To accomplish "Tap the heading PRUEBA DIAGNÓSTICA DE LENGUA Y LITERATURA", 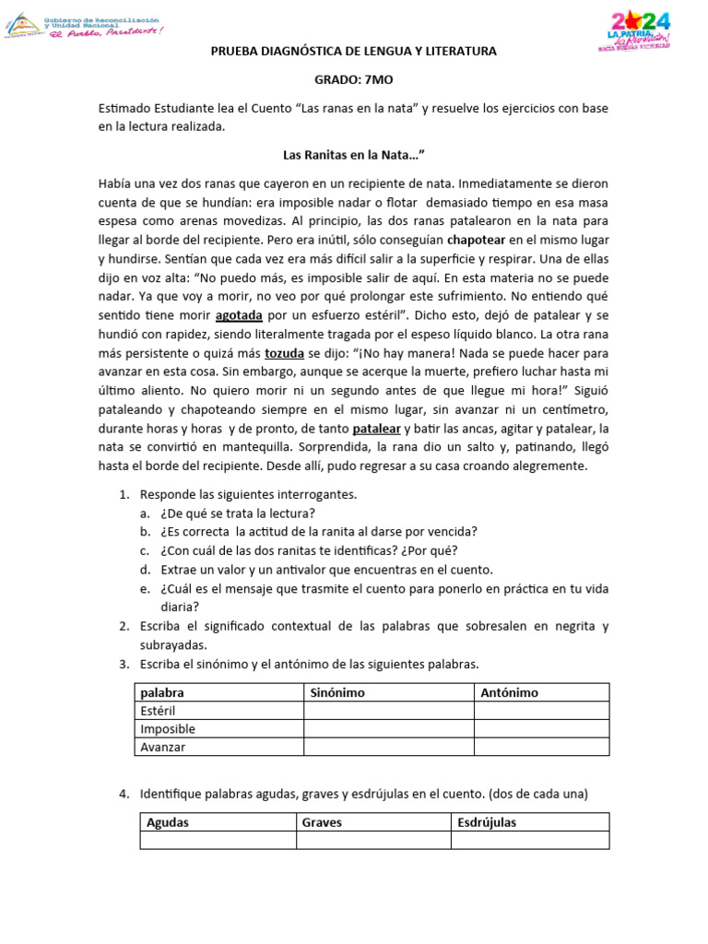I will (x=353, y=52).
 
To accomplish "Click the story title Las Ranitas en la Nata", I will (x=353, y=155).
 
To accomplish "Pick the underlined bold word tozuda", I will (x=284, y=352).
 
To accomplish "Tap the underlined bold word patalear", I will (x=376, y=429).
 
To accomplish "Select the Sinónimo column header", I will (x=337, y=692).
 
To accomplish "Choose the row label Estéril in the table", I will (x=158, y=711).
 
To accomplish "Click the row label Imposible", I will (x=168, y=729).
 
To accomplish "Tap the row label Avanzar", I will (x=163, y=747).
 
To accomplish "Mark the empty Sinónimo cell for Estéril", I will (x=389, y=711).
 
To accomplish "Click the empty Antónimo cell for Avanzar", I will (x=541, y=747).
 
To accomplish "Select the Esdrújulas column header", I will (x=487, y=822).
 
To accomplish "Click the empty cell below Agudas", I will (x=218, y=840).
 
